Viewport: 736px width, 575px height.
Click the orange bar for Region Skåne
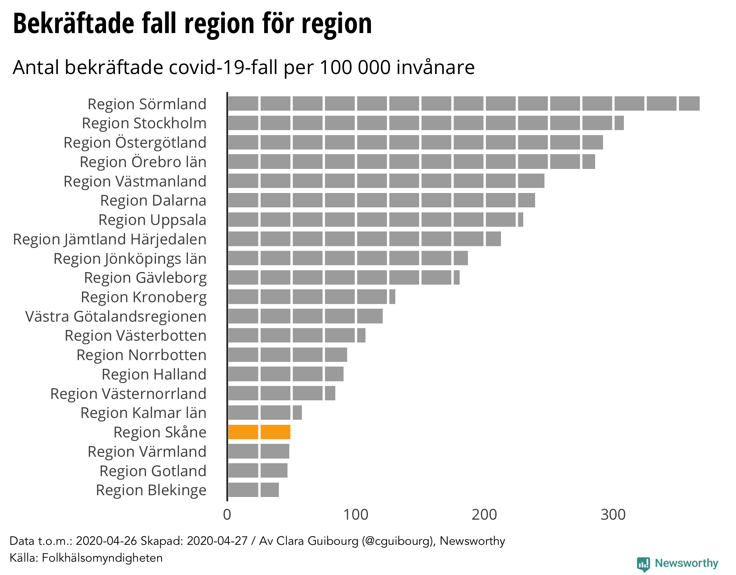tap(259, 432)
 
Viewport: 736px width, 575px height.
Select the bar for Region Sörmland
tap(464, 103)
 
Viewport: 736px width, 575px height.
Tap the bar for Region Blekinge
tap(253, 490)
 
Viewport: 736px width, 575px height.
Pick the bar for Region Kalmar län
tap(265, 413)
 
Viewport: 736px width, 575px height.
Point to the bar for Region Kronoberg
tap(312, 297)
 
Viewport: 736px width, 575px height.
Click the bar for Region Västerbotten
tap(297, 335)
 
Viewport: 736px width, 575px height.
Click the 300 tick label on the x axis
tap(613, 515)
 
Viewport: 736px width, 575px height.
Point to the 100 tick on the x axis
tap(356, 515)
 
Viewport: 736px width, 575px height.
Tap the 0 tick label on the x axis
tap(227, 515)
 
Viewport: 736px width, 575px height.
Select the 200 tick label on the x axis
tap(484, 515)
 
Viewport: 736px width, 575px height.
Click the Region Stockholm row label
tap(144, 123)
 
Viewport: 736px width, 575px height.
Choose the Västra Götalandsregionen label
tap(116, 317)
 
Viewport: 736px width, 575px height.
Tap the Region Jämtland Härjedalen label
tap(110, 239)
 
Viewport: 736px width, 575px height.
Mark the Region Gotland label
tap(153, 471)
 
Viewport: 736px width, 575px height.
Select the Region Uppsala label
tap(152, 220)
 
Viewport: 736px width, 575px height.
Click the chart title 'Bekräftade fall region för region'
tap(192, 24)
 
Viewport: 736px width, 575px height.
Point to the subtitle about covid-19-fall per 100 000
tap(244, 67)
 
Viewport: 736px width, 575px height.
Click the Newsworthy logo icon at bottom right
tap(643, 563)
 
